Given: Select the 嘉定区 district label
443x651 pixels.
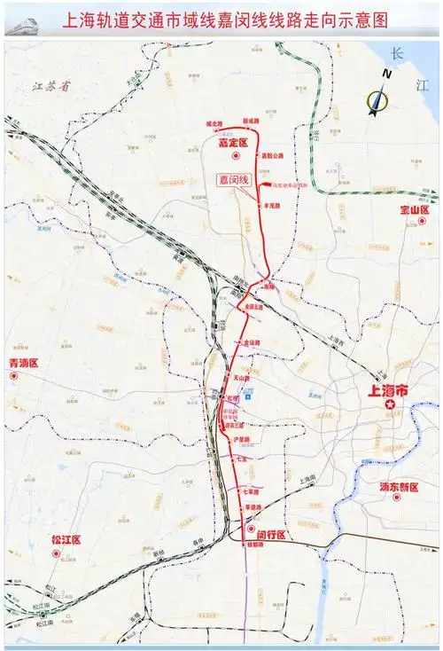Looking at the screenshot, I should coord(235,142).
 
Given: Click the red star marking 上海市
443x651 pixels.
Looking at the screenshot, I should coord(389,404).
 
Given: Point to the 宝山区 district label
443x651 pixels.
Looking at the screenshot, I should coord(413,211).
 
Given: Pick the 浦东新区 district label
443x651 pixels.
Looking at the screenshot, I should coord(395,488).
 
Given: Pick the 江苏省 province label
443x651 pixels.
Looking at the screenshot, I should coord(48,87).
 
